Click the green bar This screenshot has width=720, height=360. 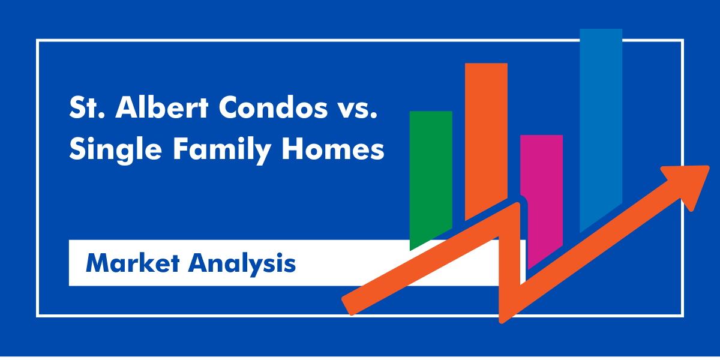tap(430, 174)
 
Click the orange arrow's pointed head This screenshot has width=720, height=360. tap(690, 180)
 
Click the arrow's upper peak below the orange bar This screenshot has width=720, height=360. tap(516, 207)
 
